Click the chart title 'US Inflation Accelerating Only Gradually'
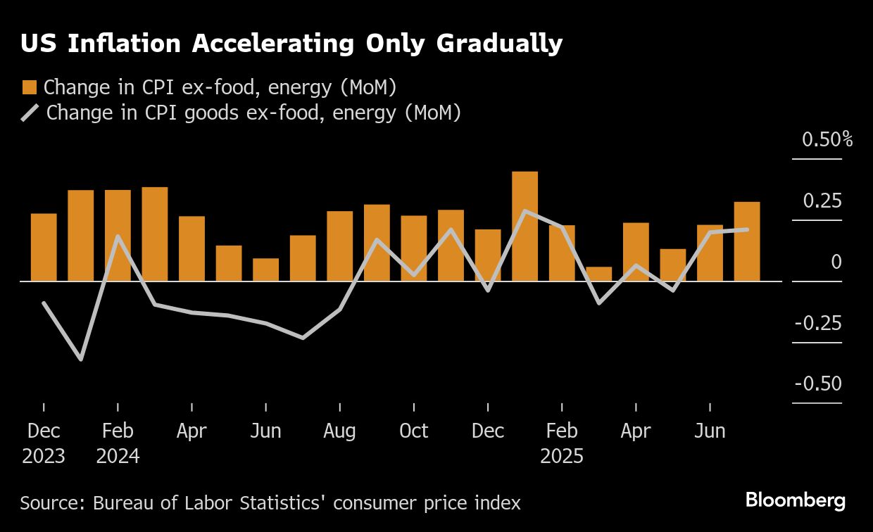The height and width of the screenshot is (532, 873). click(x=291, y=44)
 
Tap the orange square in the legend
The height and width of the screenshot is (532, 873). click(x=29, y=87)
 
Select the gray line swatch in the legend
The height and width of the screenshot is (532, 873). click(x=30, y=112)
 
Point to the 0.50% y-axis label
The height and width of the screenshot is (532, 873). click(x=827, y=139)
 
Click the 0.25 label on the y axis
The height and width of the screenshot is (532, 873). click(x=822, y=201)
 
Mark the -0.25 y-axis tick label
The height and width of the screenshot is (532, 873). click(x=818, y=323)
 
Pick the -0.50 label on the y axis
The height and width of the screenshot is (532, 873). click(x=818, y=384)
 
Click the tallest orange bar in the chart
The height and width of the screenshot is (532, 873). click(x=525, y=226)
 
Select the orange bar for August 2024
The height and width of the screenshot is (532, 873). click(x=339, y=246)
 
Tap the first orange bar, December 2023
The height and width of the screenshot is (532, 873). click(x=44, y=247)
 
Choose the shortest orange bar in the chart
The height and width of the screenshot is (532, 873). click(x=598, y=274)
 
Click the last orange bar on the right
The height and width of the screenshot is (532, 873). click(x=747, y=241)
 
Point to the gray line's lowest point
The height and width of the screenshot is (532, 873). click(x=81, y=360)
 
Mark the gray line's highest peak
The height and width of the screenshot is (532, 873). click(x=525, y=210)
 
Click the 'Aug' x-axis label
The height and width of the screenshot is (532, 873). click(x=339, y=431)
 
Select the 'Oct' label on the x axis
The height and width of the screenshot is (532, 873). click(x=413, y=431)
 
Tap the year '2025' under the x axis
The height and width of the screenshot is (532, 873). click(x=562, y=456)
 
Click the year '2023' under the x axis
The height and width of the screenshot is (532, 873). click(x=44, y=456)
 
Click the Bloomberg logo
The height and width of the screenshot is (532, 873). click(x=795, y=501)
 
